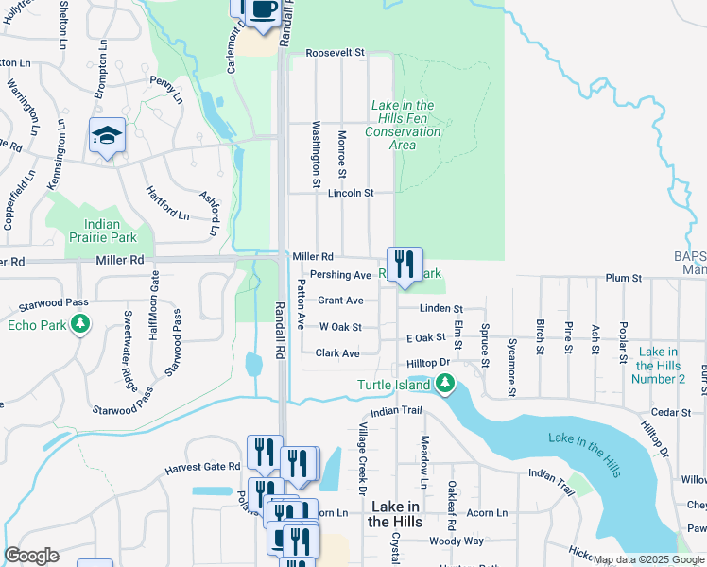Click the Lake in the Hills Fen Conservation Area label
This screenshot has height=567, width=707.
click(404, 125)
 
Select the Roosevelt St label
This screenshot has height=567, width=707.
click(335, 54)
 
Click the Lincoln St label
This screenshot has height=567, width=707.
click(351, 193)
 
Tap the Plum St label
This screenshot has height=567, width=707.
click(623, 279)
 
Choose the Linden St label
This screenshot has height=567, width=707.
click(443, 309)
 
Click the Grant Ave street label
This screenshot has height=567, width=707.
click(340, 301)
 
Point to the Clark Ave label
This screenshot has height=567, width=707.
click(337, 353)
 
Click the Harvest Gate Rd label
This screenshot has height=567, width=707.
click(202, 467)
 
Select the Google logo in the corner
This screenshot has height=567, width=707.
click(30, 556)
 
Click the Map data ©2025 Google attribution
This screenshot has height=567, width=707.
click(648, 559)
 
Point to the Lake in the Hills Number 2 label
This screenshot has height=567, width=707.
click(660, 365)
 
